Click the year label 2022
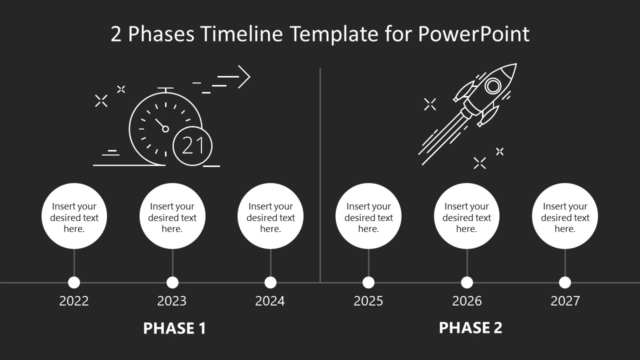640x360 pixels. pos(74,301)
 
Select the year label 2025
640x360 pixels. pos(368,301)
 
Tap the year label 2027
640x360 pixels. pos(565,301)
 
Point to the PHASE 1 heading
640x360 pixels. pos(174,328)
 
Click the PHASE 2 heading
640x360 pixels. pos(470,327)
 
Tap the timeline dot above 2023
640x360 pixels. pos(172,282)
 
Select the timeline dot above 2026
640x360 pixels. pos(467,282)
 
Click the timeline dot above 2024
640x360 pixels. pos(270,282)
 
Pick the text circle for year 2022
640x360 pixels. pos(74,216)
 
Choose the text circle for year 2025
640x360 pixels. pos(368,216)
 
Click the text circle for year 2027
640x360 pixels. pos(565,216)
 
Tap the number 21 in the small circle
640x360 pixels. pos(192,146)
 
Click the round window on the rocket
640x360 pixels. pos(493,86)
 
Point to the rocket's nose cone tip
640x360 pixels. pos(515,64)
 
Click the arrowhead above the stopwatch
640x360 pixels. pos(245,77)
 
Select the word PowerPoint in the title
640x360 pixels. pos(473,34)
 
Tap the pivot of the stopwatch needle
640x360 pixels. pos(165,129)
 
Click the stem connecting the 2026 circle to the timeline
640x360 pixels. pos(467,262)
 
